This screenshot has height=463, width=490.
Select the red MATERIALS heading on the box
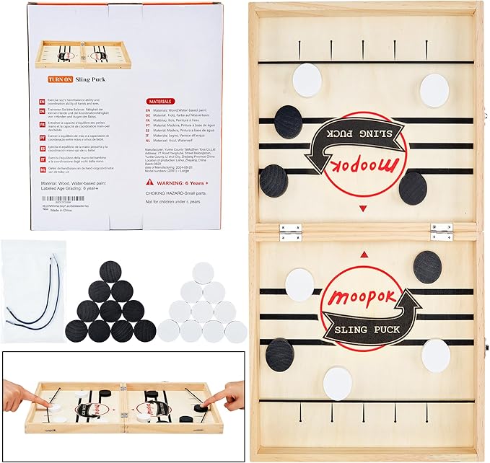point(161,102)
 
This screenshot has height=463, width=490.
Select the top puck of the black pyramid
point(111,270)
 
